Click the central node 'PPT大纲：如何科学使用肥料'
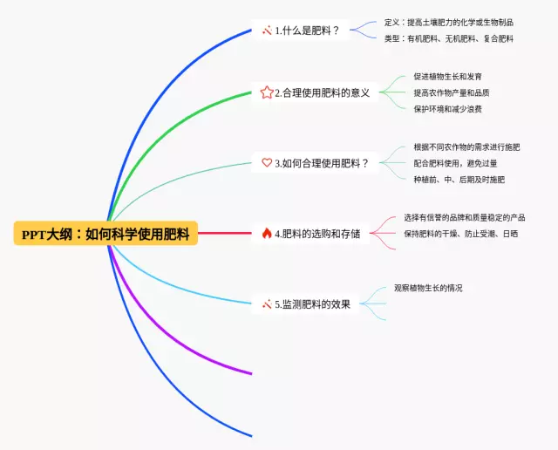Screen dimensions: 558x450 [106, 234]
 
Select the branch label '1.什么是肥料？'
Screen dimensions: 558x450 [306, 31]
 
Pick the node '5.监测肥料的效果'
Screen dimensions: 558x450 [312, 304]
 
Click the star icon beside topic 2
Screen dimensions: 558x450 [267, 92]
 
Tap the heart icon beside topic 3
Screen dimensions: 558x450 [267, 162]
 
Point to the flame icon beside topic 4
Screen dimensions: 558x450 [267, 233]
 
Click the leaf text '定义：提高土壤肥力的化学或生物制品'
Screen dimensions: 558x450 [448, 23]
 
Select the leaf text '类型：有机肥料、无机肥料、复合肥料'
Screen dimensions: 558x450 [448, 38]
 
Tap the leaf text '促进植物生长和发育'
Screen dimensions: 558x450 [447, 77]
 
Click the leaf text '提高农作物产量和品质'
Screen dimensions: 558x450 [451, 92]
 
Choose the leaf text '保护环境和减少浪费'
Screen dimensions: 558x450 [447, 109]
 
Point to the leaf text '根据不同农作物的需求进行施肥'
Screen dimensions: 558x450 [466, 147]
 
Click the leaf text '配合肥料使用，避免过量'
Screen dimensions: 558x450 [454, 163]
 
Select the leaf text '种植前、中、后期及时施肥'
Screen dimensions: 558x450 [459, 180]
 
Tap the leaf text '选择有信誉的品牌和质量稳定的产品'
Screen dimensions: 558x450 [464, 217]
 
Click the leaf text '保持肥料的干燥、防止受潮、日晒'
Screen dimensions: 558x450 [460, 234]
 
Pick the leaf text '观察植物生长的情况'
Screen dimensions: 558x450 [428, 288]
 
